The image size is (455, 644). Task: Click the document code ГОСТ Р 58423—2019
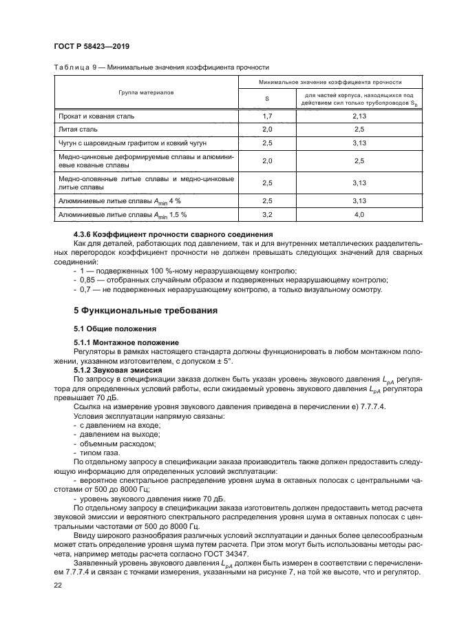pos(92,47)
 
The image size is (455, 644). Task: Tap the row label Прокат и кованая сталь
pos(96,116)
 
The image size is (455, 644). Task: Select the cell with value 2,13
pos(359,116)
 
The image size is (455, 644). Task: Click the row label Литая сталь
pos(78,129)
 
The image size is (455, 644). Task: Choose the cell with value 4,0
pos(359,214)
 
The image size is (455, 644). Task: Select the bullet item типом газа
pos(99,452)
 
